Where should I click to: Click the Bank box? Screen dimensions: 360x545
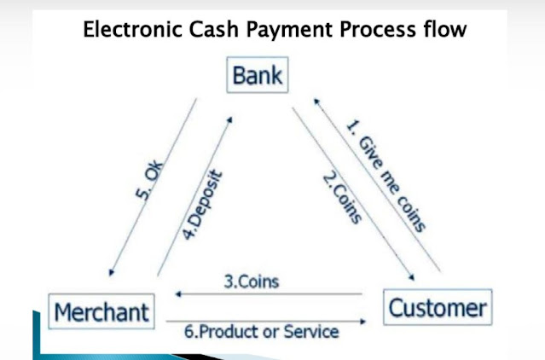pos(257,77)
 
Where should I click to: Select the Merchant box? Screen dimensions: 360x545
pos(101,312)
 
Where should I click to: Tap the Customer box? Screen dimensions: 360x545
pos(437,308)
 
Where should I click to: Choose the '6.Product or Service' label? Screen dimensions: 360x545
pos(261,333)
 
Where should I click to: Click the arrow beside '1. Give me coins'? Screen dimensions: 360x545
pos(376,183)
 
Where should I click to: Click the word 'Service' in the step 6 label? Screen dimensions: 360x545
pos(312,333)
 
